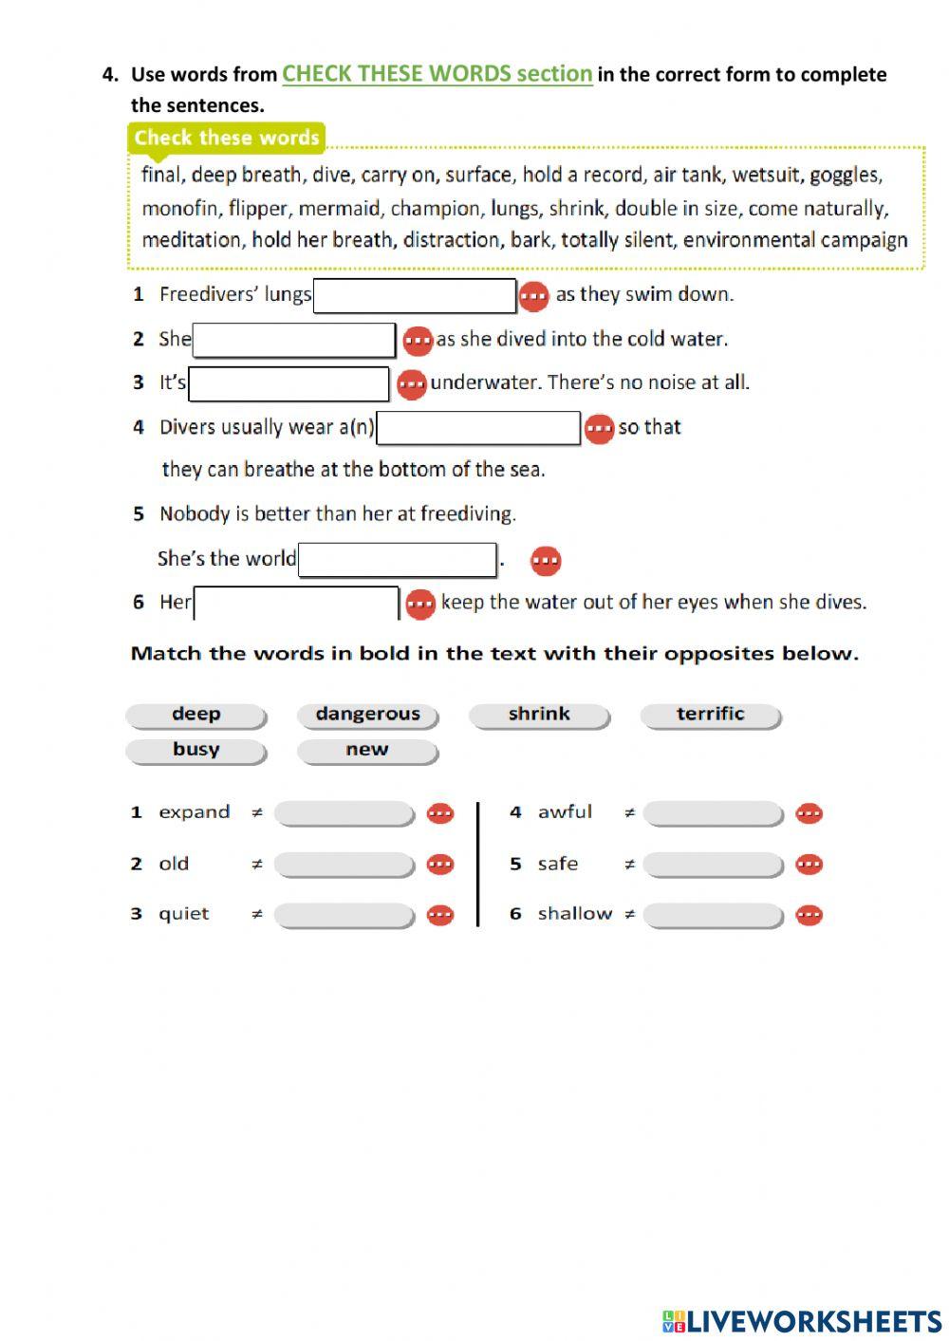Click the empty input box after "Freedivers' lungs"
(x=415, y=295)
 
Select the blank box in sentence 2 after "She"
(x=293, y=340)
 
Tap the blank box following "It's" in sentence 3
(x=288, y=384)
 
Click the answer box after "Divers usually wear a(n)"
(x=477, y=428)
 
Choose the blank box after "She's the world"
(x=397, y=560)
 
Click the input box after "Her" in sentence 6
(x=296, y=604)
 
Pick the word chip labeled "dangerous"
(x=367, y=715)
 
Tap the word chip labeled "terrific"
(x=710, y=715)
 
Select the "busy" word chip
(x=195, y=750)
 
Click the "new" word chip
(x=367, y=750)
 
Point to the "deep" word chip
(x=195, y=715)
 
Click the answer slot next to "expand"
(x=344, y=813)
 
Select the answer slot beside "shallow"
(x=713, y=915)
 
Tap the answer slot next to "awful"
(x=713, y=813)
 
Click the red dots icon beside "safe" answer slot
(x=809, y=865)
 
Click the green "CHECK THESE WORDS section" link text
(x=437, y=74)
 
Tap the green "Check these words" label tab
(x=226, y=138)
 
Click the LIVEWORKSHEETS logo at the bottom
(x=802, y=1320)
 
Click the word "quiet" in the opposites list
(x=183, y=914)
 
